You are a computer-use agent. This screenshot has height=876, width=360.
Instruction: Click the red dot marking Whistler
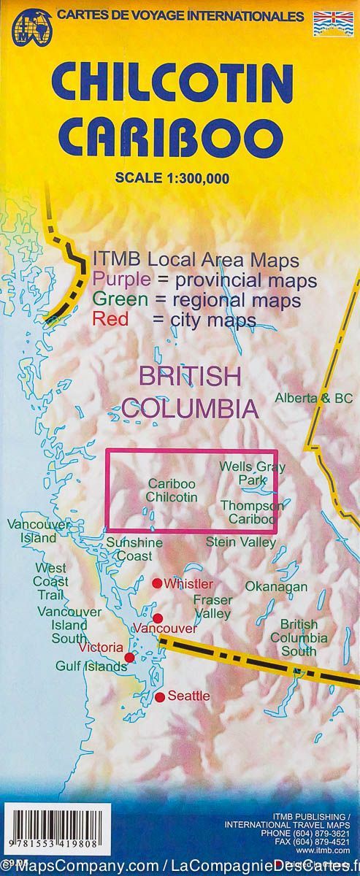pyautogui.click(x=156, y=583)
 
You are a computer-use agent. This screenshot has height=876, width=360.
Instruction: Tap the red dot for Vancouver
pyautogui.click(x=158, y=618)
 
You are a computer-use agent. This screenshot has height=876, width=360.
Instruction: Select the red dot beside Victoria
pyautogui.click(x=129, y=658)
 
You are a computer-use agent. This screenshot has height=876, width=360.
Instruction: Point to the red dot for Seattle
pyautogui.click(x=161, y=697)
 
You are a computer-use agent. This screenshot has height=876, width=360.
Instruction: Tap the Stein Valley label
pyautogui.click(x=241, y=542)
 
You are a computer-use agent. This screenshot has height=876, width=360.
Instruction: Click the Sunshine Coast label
pyautogui.click(x=134, y=549)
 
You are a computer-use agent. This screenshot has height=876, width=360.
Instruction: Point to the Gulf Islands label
pyautogui.click(x=91, y=666)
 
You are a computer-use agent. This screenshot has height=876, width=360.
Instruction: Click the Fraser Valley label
pyautogui.click(x=212, y=607)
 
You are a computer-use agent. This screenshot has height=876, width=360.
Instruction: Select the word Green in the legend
pyautogui.click(x=118, y=300)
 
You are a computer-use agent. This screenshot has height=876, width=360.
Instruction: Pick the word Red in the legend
pyautogui.click(x=107, y=320)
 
